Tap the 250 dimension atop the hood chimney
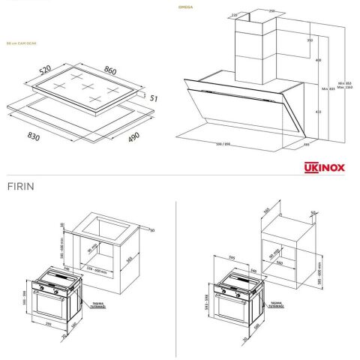click(271, 11)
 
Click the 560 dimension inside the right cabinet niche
click(279, 263)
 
